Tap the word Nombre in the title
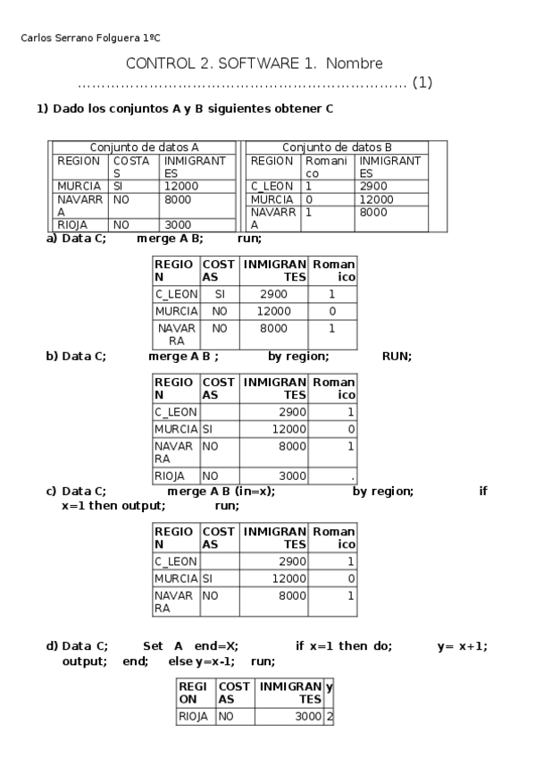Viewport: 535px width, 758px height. coord(354,63)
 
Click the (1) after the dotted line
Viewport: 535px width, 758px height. coord(422,83)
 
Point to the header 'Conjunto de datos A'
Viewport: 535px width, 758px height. coord(144,147)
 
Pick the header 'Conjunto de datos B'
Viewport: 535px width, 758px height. coord(337,147)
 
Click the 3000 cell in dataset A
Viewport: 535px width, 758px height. coord(177,225)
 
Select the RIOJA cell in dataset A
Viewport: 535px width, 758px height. coord(72,225)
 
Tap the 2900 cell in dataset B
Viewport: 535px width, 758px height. coord(373,186)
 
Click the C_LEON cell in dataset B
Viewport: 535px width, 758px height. coord(267,186)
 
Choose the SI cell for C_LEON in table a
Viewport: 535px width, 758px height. coord(218,293)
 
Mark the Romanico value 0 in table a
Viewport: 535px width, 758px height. coord(331,311)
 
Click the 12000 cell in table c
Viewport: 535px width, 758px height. coord(287,578)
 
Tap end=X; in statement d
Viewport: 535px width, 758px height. coord(216,646)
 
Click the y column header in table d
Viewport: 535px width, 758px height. coord(329,686)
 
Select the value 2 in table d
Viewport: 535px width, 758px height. coord(329,716)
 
